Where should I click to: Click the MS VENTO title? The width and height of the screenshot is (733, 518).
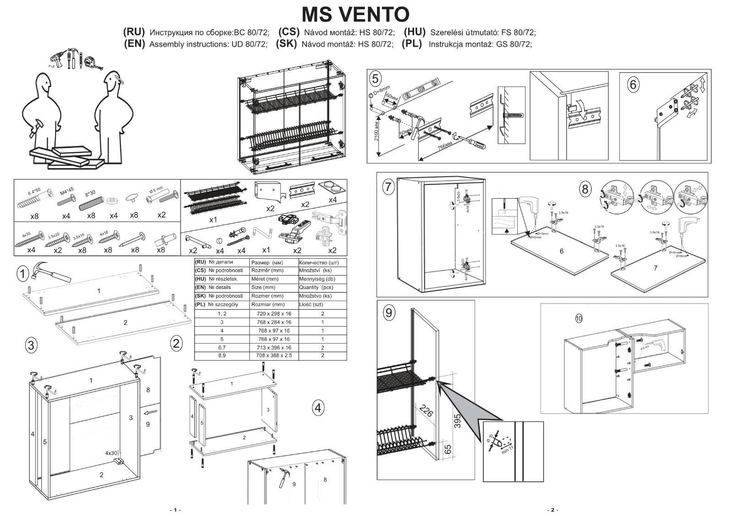coord(356,14)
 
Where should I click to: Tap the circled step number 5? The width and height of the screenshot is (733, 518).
coord(375,79)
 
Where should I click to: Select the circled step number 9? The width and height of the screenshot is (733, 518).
coord(389,312)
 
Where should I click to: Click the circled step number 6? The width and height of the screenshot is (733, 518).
coord(633,85)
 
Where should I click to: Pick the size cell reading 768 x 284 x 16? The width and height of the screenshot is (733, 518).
coord(274,322)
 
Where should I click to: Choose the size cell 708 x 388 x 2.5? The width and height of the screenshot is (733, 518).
coord(274,355)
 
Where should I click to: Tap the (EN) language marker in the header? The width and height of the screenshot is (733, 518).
coord(134,44)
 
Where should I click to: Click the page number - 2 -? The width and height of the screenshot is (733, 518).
coord(552,510)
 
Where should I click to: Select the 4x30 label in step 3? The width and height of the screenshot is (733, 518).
coord(111,453)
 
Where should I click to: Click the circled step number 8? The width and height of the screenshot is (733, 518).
coord(585,189)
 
